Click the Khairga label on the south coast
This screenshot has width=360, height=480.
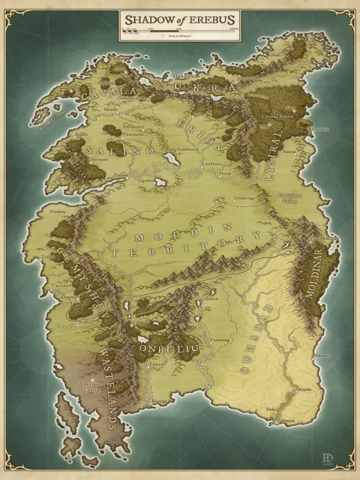(x=159, y=401)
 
